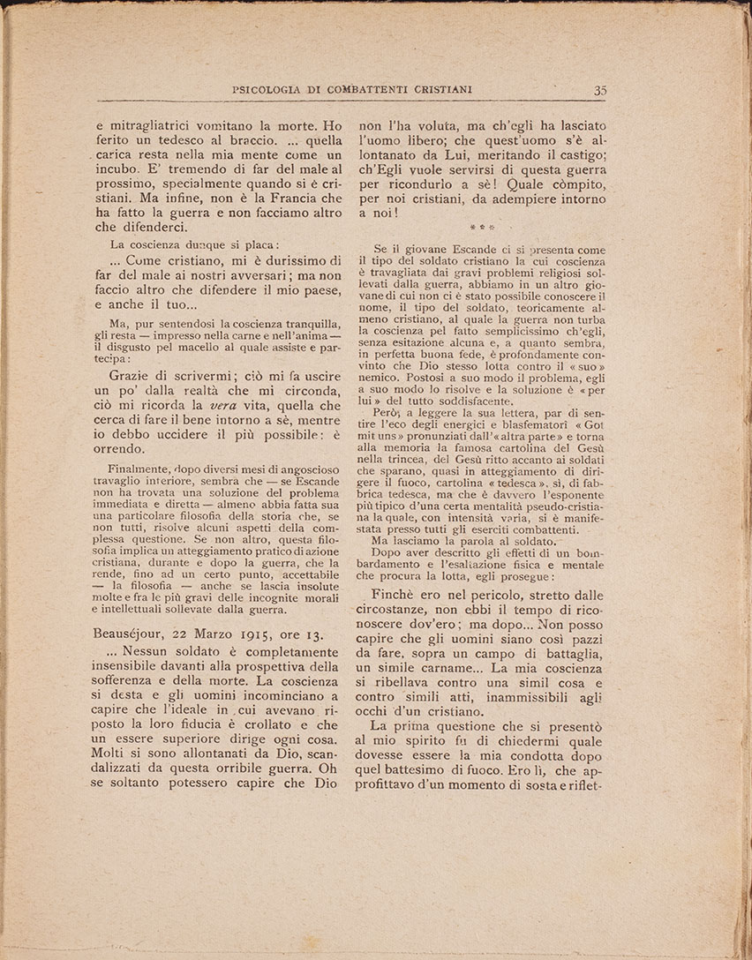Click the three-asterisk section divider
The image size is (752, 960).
coord(479,225)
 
